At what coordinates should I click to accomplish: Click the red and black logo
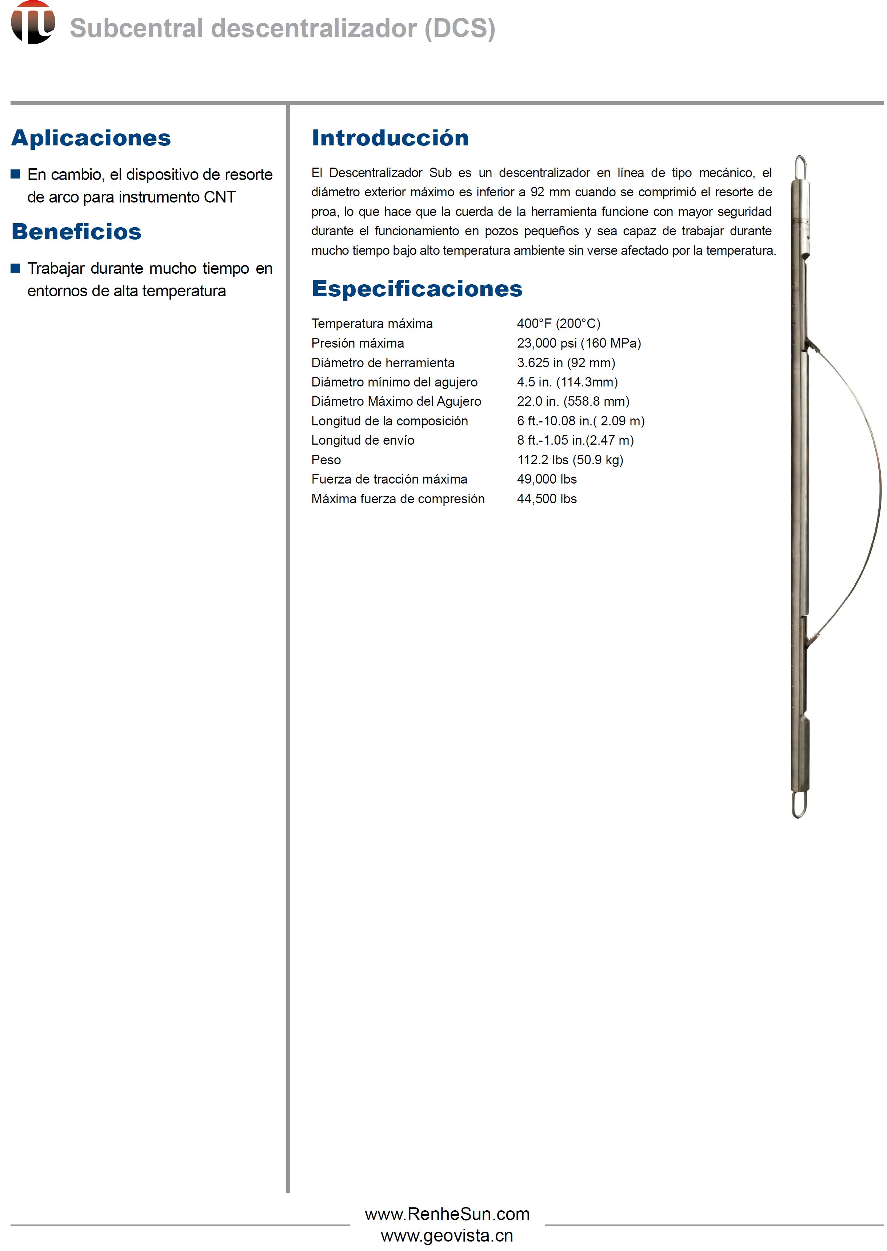coord(33,23)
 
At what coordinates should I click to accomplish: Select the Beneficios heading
coord(76,232)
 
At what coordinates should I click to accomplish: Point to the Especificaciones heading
coord(417,289)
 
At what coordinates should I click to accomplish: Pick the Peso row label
coord(326,460)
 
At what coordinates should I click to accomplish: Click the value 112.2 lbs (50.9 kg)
coord(570,460)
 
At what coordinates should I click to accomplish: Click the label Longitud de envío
coord(363,440)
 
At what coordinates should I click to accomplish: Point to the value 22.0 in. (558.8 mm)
coord(573,401)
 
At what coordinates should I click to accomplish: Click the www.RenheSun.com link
coord(447,1214)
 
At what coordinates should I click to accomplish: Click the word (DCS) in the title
coord(460,28)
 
